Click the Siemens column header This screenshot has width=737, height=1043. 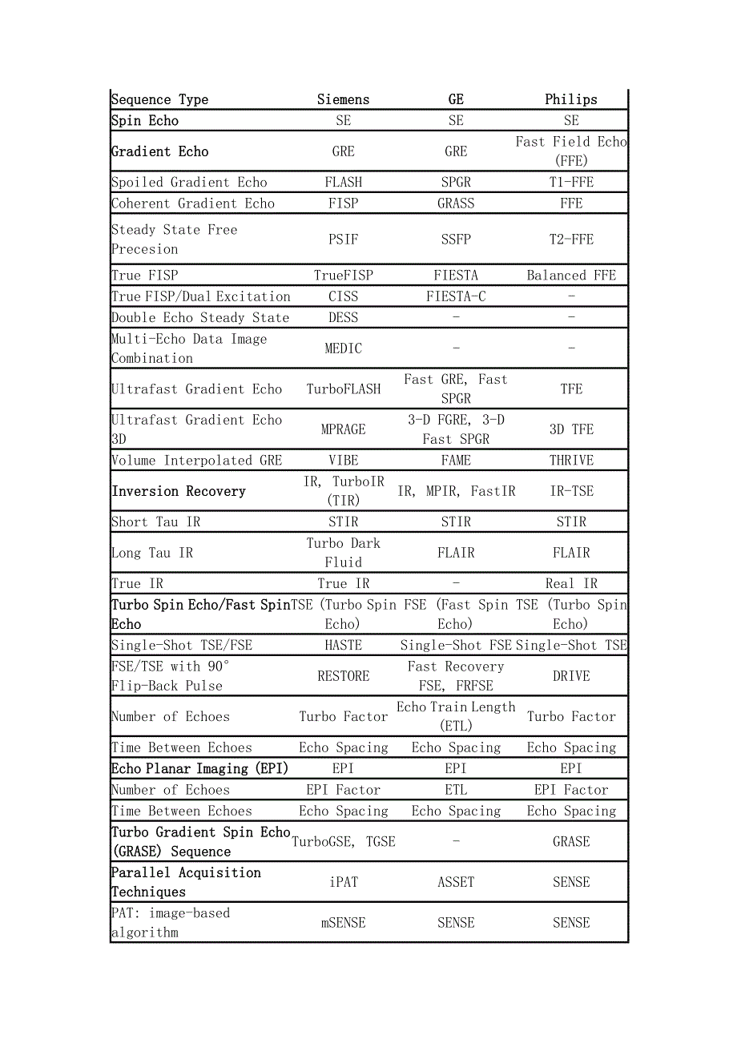tap(343, 99)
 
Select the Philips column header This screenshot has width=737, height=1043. tap(570, 99)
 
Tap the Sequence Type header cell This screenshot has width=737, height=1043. tap(159, 99)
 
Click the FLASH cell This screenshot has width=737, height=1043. tap(343, 182)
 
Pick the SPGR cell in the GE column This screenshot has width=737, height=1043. tap(456, 182)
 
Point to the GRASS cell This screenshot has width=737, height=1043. tap(456, 203)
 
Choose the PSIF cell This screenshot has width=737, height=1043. tap(343, 239)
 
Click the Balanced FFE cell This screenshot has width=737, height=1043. tap(571, 276)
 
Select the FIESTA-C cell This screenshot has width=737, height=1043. tap(456, 296)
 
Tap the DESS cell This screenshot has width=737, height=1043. tap(343, 317)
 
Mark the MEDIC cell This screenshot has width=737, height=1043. tap(343, 348)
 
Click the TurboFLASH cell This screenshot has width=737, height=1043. tap(343, 389)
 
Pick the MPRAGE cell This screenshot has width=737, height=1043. tap(343, 429)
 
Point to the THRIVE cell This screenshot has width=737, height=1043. tap(571, 461)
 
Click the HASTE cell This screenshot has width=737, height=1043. tap(343, 645)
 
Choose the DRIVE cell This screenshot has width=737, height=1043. tap(571, 676)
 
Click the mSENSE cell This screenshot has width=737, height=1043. tap(343, 923)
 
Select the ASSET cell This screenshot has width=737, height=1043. tap(456, 882)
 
